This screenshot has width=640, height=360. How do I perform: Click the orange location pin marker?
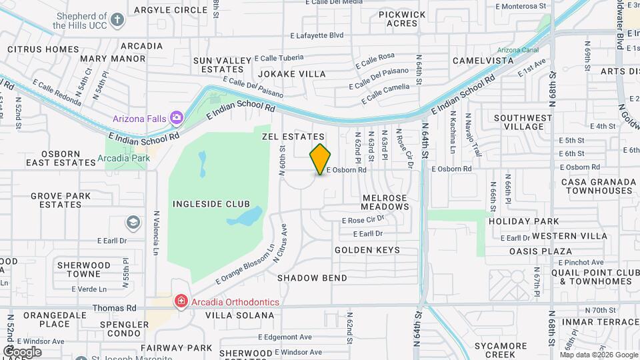pos(321,159)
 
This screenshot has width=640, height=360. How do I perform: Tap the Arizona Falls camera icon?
pos(177,118)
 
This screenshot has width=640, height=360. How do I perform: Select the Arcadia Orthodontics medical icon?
pos(180,302)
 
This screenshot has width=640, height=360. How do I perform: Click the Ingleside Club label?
pos(211,204)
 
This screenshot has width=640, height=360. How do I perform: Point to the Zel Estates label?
pos(293,137)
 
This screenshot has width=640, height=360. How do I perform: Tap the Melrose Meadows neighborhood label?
pos(385,202)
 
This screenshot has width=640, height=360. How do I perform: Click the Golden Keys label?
pos(367,250)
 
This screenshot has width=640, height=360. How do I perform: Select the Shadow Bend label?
pos(312,277)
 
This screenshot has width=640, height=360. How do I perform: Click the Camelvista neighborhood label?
pos(483,61)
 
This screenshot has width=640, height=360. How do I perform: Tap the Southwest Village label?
pos(523,122)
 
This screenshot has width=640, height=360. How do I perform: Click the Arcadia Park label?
pos(123,159)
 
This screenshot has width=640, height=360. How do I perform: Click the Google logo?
pos(22,351)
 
